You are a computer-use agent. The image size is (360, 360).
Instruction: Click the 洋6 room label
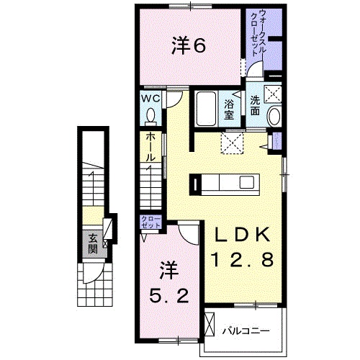click(189, 45)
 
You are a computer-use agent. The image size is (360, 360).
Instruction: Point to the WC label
click(150, 98)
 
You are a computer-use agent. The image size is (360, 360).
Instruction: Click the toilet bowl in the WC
click(151, 115)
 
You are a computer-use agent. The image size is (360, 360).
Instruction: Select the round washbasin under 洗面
click(274, 117)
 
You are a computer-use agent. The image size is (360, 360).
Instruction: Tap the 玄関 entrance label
click(94, 246)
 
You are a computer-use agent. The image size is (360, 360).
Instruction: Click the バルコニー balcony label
click(246, 332)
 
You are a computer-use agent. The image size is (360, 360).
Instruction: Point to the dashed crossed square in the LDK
click(232, 143)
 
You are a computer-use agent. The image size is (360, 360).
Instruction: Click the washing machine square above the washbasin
click(273, 91)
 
